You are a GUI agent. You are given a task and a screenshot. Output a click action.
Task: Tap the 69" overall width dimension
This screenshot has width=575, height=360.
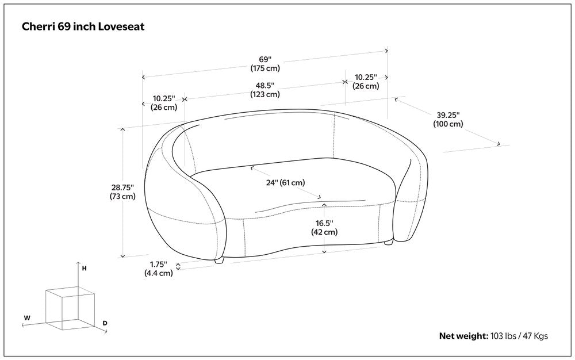[264, 60]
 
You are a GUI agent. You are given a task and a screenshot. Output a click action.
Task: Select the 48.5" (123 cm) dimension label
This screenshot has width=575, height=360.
[264, 86]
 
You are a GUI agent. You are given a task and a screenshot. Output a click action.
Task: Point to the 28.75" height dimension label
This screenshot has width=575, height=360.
[122, 187]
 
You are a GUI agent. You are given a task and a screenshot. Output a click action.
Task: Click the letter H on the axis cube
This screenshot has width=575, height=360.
[85, 269]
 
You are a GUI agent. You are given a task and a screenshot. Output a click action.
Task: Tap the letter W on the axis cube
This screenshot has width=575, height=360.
[27, 317]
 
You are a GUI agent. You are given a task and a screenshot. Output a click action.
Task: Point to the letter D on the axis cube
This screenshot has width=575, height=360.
[105, 323]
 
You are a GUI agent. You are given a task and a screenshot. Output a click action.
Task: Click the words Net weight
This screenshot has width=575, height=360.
[463, 336]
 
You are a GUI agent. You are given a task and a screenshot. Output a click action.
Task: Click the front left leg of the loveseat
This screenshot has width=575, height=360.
[219, 261]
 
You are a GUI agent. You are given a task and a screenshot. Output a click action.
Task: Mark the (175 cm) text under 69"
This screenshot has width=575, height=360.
[264, 68]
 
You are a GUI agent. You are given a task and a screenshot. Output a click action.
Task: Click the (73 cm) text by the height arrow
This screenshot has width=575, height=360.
[122, 196]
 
